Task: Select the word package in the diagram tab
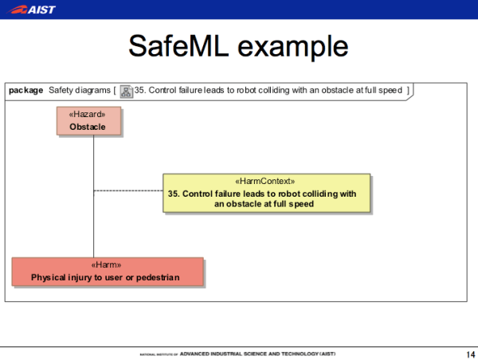[x=25, y=90]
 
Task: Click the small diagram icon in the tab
[x=126, y=90]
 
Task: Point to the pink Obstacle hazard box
[x=88, y=121]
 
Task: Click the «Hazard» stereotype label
[x=88, y=115]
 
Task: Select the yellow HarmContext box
[x=266, y=193]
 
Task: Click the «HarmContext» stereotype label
[x=266, y=182]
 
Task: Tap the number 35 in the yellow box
[x=173, y=193]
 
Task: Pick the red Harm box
[x=107, y=271]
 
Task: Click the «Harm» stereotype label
[x=107, y=265]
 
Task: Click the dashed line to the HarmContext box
[x=127, y=191]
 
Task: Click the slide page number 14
[x=468, y=354]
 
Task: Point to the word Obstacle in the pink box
[x=88, y=127]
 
